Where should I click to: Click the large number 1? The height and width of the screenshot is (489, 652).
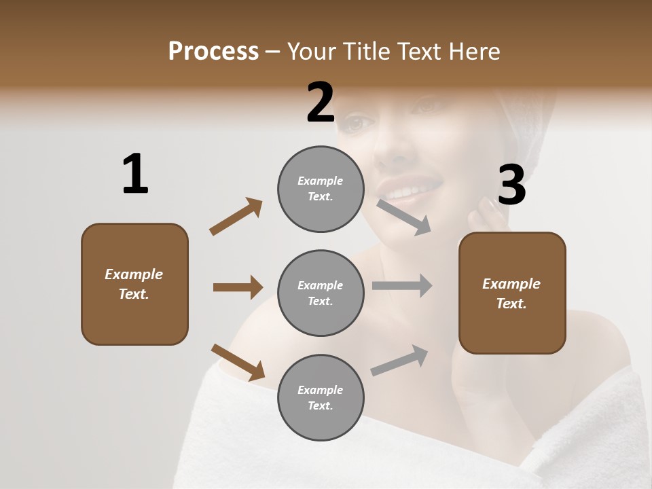pyautogui.click(x=135, y=175)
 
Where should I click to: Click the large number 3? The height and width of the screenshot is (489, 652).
pyautogui.click(x=511, y=185)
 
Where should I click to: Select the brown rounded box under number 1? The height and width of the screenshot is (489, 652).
pyautogui.click(x=134, y=284)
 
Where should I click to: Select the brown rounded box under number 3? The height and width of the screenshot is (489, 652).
pyautogui.click(x=512, y=293)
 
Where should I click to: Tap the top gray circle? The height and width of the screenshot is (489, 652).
pyautogui.click(x=321, y=189)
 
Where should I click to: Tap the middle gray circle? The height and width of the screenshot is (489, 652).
pyautogui.click(x=321, y=293)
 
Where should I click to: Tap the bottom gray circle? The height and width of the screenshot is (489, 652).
pyautogui.click(x=321, y=397)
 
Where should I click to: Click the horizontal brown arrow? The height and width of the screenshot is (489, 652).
pyautogui.click(x=238, y=287)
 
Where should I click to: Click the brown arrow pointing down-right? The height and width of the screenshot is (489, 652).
pyautogui.click(x=238, y=362)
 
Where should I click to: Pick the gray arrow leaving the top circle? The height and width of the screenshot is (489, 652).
pyautogui.click(x=405, y=217)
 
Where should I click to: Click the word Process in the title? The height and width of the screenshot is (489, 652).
pyautogui.click(x=213, y=51)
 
